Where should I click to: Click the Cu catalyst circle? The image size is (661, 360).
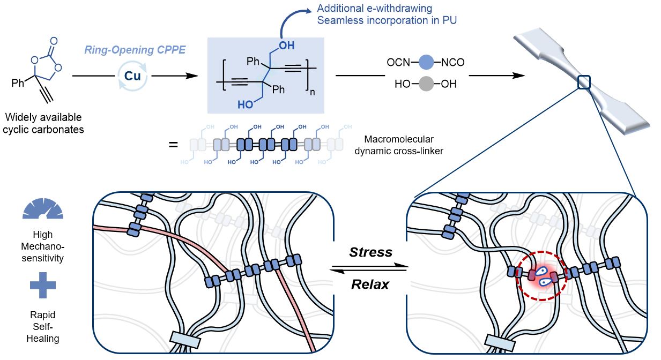[x=132, y=76]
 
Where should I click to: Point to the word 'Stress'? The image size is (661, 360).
[x=371, y=252]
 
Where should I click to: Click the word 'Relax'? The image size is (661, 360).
[x=370, y=284]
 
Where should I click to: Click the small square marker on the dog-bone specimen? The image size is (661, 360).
[x=584, y=82]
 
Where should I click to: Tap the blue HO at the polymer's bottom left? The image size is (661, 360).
[x=245, y=105]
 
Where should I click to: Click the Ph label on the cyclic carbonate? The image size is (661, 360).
[x=18, y=84]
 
